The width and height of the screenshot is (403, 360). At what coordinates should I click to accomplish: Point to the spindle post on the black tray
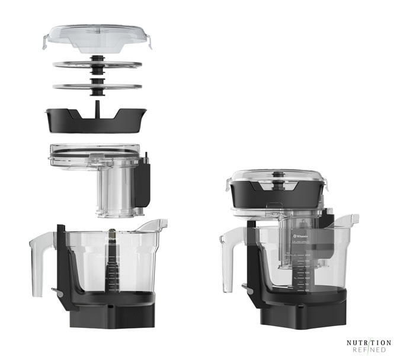click(x=97, y=109)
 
